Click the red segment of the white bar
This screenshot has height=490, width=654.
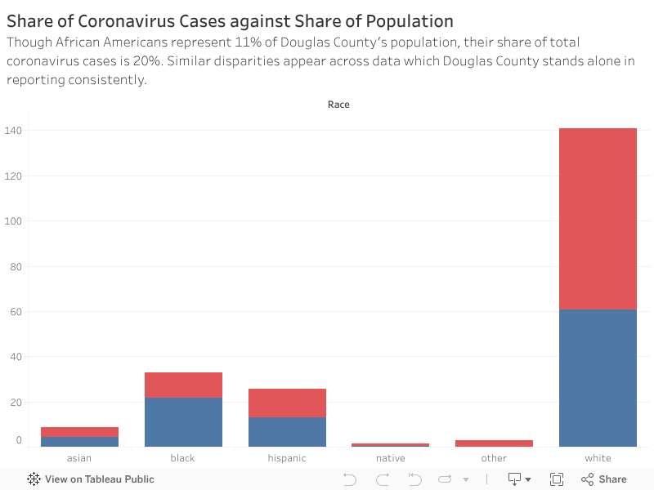(x=598, y=219)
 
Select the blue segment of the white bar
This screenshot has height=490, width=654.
(x=598, y=378)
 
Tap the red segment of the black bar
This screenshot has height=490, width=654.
(x=183, y=385)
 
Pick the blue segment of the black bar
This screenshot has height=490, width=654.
(x=183, y=422)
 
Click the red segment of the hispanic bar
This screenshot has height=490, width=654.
(x=287, y=403)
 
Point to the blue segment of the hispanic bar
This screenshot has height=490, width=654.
(x=287, y=432)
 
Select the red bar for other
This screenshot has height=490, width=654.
(x=494, y=443)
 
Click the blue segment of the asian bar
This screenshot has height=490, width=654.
(x=79, y=442)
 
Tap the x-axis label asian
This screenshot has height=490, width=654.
(x=79, y=458)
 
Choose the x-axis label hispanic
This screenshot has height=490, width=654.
(x=287, y=458)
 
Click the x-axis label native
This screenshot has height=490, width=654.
(x=391, y=458)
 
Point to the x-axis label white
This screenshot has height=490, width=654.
(x=598, y=458)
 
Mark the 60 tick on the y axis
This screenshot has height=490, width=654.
(x=15, y=312)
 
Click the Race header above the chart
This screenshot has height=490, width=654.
(x=338, y=105)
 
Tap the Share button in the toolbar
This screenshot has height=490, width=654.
(x=604, y=479)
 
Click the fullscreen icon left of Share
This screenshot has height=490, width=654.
(x=557, y=479)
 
